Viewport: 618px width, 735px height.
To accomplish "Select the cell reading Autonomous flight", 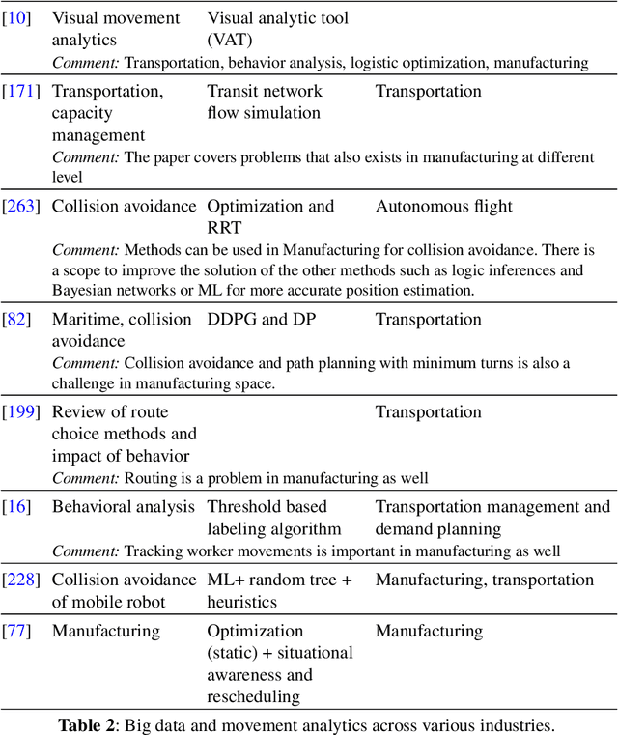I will [x=443, y=206].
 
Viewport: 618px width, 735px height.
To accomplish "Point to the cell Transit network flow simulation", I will [x=265, y=102].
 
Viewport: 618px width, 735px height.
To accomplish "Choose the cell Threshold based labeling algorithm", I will [x=274, y=518].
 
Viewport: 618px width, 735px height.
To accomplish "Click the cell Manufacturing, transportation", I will [x=484, y=580].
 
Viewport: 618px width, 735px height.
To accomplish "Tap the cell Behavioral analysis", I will [x=122, y=507].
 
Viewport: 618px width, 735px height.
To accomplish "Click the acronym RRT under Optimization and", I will [x=225, y=227].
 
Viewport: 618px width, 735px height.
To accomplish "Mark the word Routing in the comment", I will [x=150, y=478].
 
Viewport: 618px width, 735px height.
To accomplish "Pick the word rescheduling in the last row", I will [x=253, y=696].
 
